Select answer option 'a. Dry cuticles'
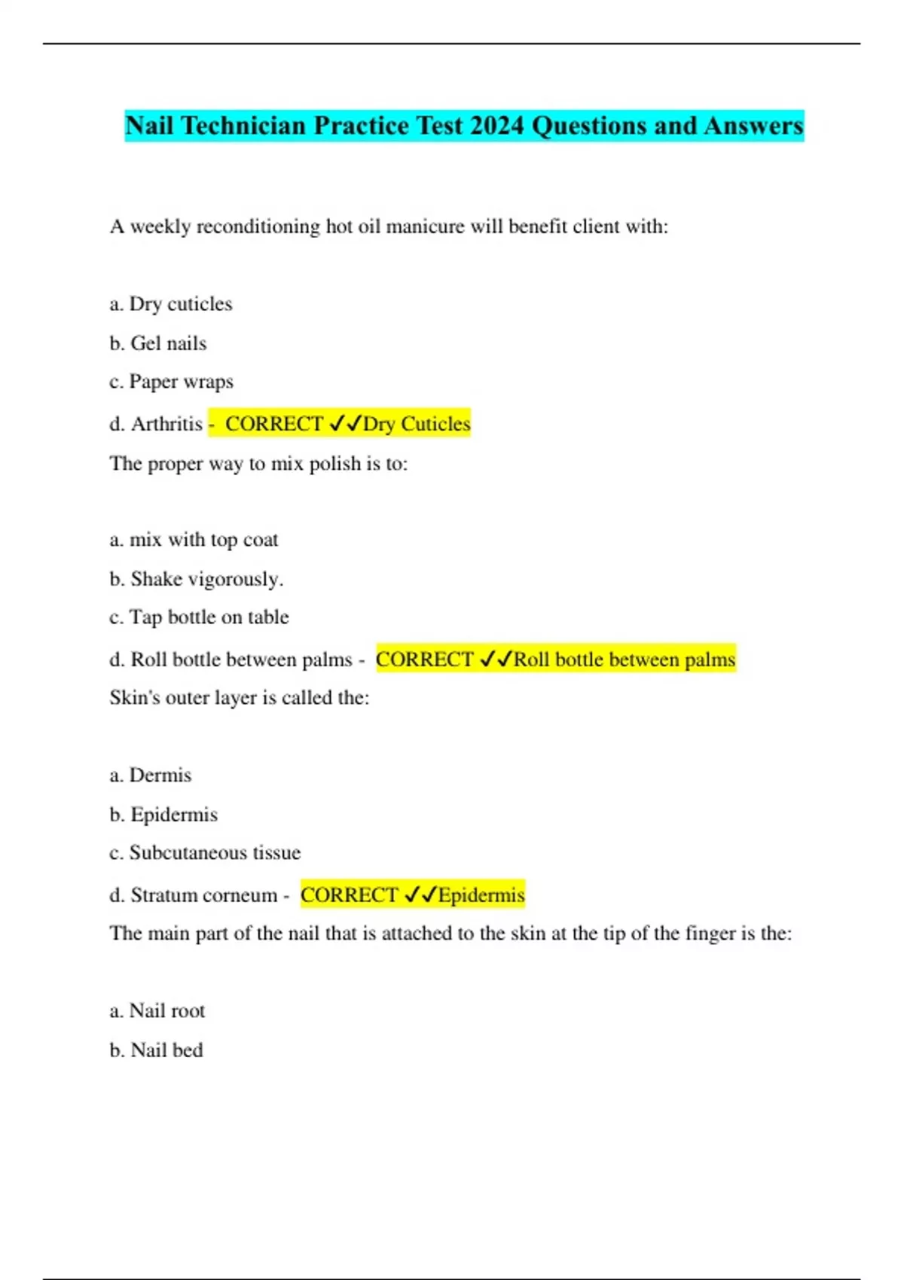[x=171, y=304]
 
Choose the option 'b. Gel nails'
[x=158, y=343]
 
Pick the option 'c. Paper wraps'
[x=172, y=382]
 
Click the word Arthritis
[x=166, y=424]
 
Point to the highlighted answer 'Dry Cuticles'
[x=417, y=424]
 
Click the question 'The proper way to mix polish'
[x=258, y=463]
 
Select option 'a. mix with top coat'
[x=194, y=540]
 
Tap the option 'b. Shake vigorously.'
[x=197, y=579]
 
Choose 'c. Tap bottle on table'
[x=200, y=617]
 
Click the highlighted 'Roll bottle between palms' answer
[x=624, y=660]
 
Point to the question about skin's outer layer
[x=240, y=698]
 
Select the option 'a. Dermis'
[x=151, y=776]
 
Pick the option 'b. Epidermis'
[x=163, y=815]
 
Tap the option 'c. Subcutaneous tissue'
[x=205, y=853]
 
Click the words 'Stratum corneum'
[x=204, y=895]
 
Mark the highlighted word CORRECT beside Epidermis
[x=349, y=895]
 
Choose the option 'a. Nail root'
[x=157, y=1011]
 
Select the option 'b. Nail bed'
[x=157, y=1050]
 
